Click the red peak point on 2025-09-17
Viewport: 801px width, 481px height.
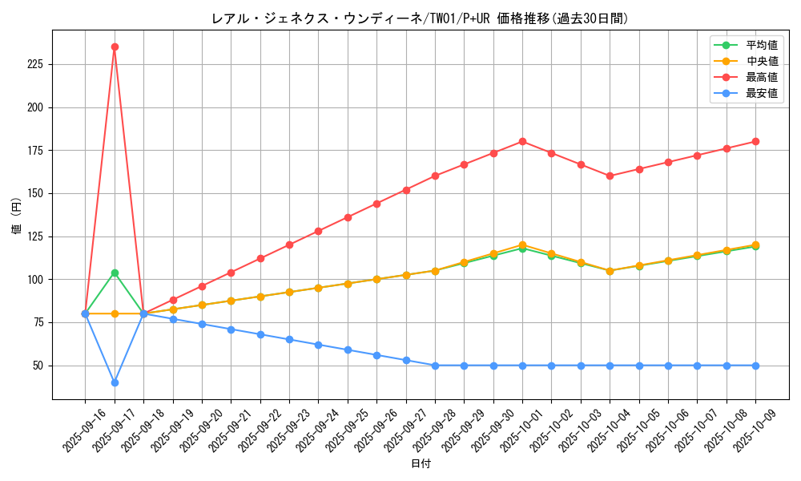115,46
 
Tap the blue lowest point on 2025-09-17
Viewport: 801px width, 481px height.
115,382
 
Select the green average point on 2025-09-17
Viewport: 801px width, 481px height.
115,273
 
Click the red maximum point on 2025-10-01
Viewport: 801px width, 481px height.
522,141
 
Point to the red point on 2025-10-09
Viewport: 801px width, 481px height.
755,141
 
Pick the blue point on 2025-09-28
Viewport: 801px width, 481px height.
435,366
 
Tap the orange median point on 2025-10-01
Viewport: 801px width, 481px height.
522,245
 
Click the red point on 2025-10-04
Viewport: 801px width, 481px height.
610,176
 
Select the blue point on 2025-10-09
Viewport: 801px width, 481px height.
755,366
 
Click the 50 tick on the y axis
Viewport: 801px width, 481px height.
41,366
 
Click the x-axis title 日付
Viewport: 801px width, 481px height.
421,464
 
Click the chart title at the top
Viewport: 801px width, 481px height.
421,18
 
